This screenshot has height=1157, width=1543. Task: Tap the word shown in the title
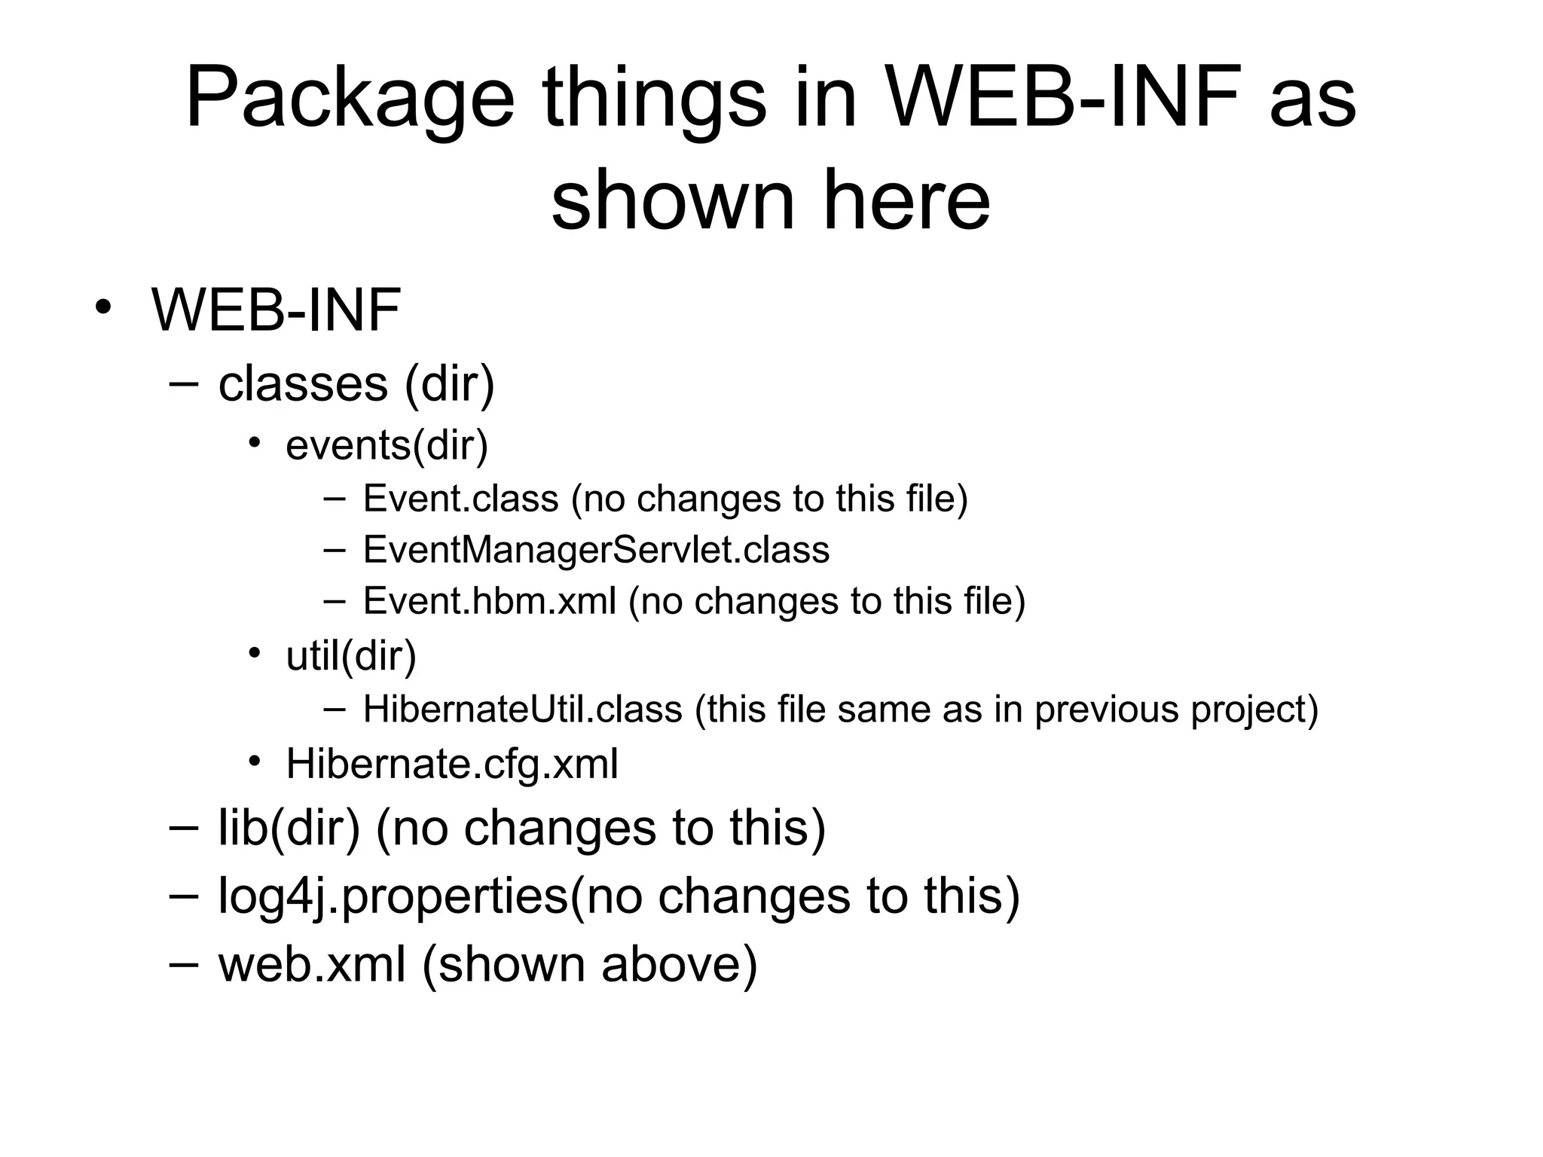[x=673, y=200]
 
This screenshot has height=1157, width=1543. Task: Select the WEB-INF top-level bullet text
[x=276, y=310]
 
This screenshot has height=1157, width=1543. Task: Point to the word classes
[x=303, y=383]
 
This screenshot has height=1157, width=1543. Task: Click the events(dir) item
[x=387, y=444]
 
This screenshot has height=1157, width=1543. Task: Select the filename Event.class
[x=460, y=499]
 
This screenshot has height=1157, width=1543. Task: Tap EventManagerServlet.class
[x=596, y=549]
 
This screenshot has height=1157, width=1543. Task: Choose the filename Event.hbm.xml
[x=490, y=601]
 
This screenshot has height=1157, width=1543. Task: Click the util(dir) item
[x=351, y=655]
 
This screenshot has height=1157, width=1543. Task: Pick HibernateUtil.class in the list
[x=522, y=709]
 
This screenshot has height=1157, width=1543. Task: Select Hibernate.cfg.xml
[x=452, y=764]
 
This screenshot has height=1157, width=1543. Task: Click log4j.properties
[x=393, y=896]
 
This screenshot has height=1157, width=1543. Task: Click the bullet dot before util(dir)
[x=255, y=652]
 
